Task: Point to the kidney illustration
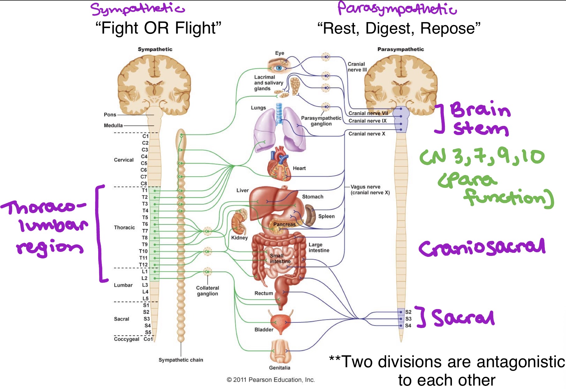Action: tap(239, 223)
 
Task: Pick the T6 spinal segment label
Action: tap(145, 224)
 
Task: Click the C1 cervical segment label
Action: tap(145, 136)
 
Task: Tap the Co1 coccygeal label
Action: tap(148, 339)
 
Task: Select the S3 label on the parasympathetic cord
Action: tap(408, 319)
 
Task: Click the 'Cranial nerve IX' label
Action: tap(367, 121)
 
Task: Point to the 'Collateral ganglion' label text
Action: tap(207, 291)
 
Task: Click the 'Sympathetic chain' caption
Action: tap(181, 360)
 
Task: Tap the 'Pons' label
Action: tap(110, 114)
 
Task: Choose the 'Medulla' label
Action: tap(113, 125)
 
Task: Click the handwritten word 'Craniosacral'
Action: tap(482, 248)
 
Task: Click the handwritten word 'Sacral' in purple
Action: tap(463, 317)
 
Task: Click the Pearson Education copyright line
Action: tap(271, 380)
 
